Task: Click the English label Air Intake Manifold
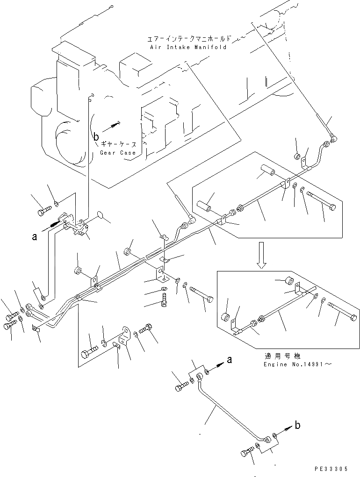click(x=188, y=47)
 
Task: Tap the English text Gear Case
click(x=117, y=153)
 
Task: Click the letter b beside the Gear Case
click(x=96, y=137)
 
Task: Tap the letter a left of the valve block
click(x=34, y=236)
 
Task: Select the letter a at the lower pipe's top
click(x=229, y=360)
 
